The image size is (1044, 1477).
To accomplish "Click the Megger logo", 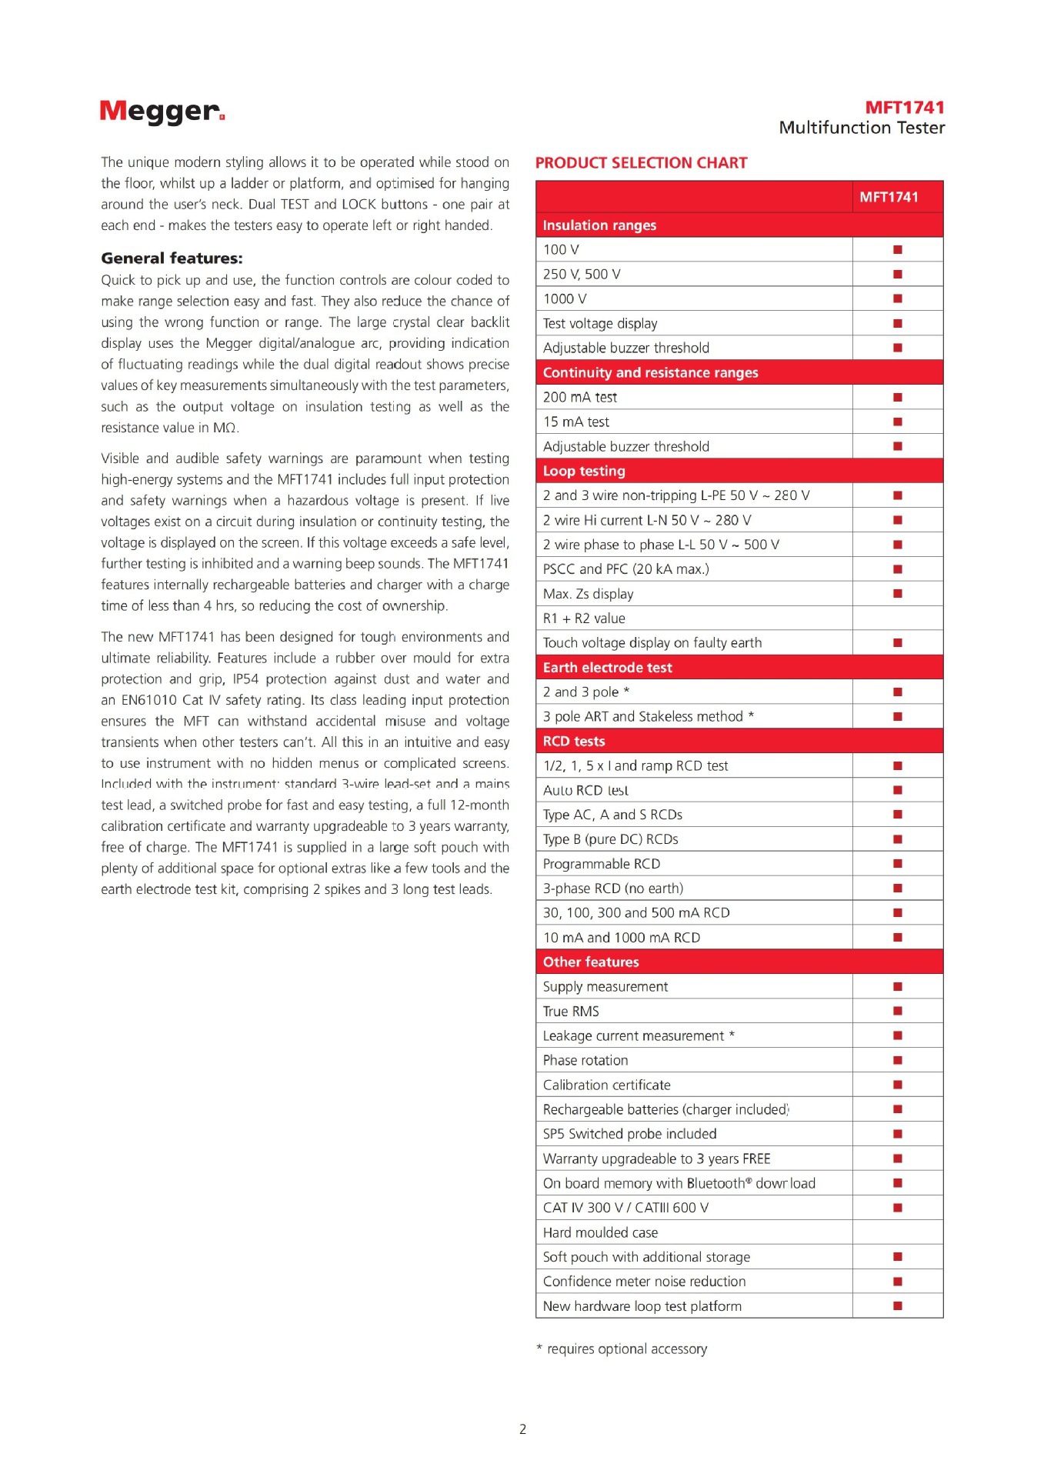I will pos(162,112).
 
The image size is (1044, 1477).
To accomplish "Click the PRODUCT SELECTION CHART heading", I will pos(641,163).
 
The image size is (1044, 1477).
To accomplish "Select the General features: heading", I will pos(172,258).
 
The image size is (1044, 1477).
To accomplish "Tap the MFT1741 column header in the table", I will pos(889,197).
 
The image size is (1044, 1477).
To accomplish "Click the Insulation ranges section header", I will pos(599,225).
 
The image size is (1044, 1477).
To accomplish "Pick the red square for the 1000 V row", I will pos(897,298).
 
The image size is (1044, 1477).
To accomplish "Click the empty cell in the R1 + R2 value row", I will pos(897,618).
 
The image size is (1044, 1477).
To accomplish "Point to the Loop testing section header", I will pos(584,471).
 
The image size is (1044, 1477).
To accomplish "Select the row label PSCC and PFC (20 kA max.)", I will pos(625,569).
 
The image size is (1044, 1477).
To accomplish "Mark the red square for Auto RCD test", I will pos(897,790).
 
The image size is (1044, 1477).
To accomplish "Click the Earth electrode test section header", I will pos(607,668).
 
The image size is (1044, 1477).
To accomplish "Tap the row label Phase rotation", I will pos(585,1060).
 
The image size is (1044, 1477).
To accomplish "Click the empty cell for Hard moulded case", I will pos(897,1232).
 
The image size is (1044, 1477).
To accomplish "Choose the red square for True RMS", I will pos(897,1011).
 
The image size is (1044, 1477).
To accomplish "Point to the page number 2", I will pos(523,1429).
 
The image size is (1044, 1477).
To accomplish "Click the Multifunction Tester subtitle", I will pos(862,128).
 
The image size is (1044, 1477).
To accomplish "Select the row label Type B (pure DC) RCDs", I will pos(610,839).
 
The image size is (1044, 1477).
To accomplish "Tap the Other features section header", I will pos(591,962).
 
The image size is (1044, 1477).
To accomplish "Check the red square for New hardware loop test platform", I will pos(897,1305).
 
